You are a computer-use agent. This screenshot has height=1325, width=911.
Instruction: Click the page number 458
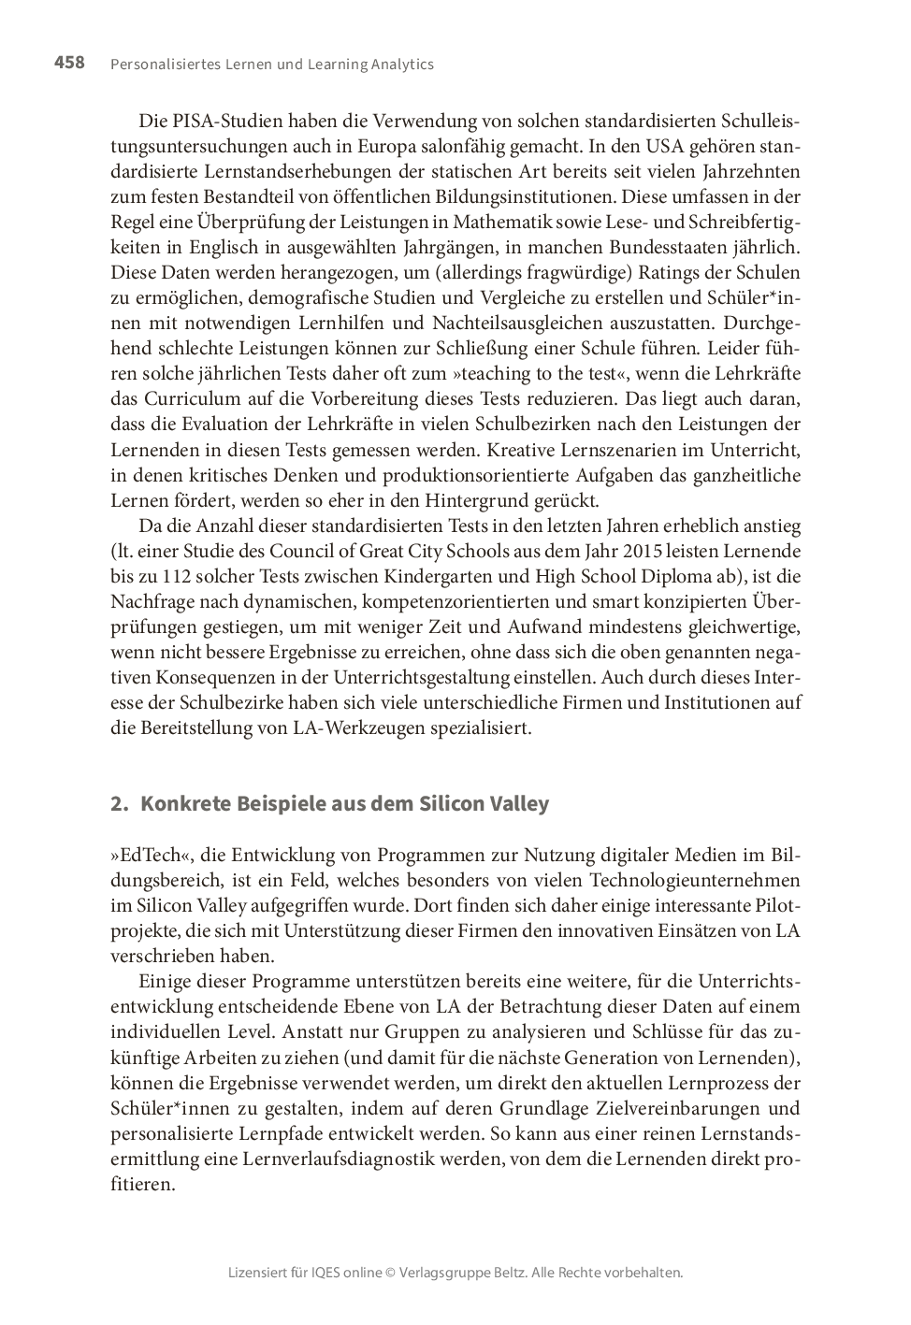69,63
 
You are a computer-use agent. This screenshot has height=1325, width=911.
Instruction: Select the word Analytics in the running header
402,65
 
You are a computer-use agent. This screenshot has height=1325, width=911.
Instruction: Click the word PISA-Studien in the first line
227,122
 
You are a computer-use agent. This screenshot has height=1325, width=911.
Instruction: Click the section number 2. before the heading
118,804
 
